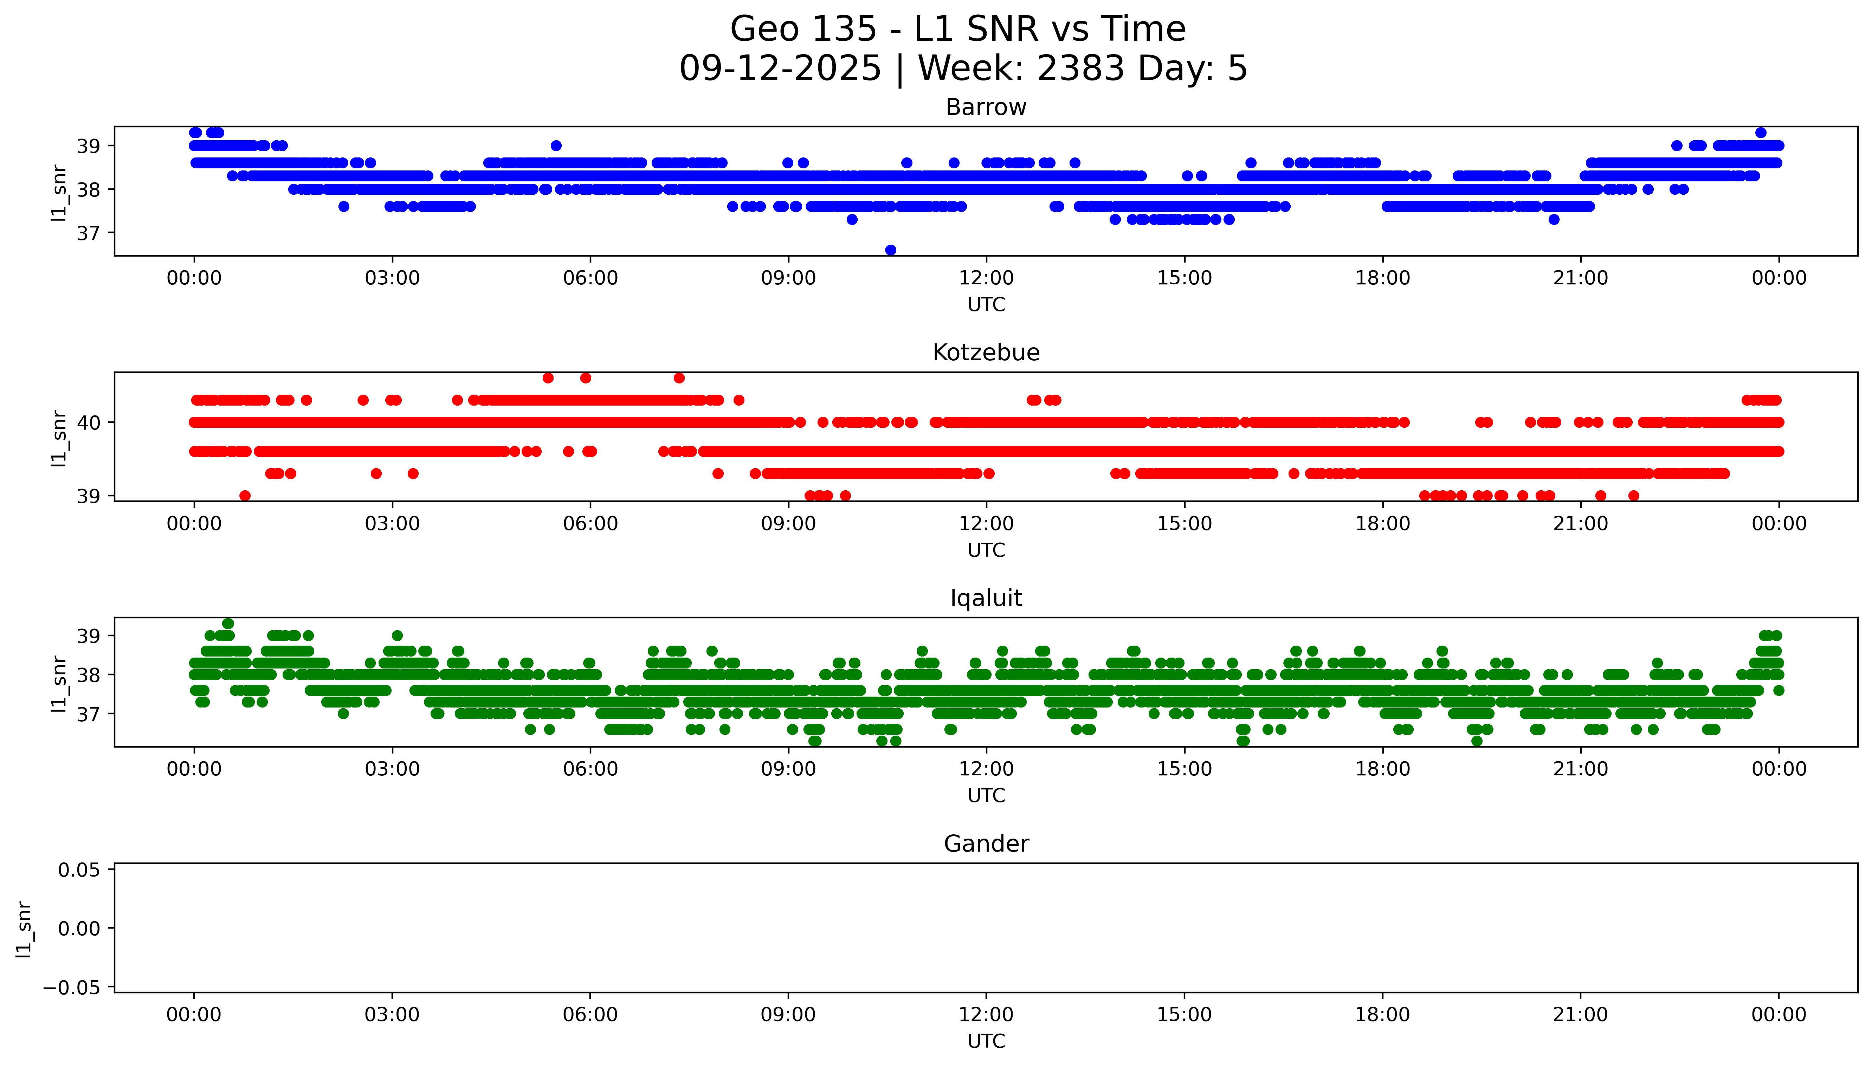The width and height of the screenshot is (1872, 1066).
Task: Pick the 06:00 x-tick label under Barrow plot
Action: point(590,278)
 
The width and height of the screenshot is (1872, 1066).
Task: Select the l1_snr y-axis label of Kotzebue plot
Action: point(59,438)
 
